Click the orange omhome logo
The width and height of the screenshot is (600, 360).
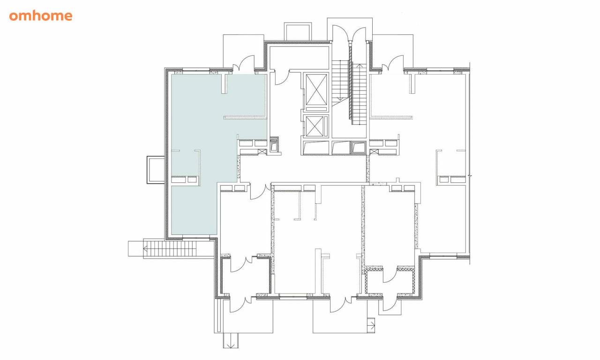[x=41, y=16]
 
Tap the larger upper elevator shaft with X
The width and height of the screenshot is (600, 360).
[x=316, y=90]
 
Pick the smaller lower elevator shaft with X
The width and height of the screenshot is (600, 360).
[x=315, y=127]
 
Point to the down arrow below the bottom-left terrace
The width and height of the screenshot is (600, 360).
[x=230, y=345]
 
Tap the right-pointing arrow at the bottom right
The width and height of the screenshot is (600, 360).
[x=373, y=326]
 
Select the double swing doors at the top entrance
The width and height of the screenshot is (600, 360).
[x=349, y=33]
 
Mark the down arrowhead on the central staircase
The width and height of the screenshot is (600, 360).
[x=340, y=98]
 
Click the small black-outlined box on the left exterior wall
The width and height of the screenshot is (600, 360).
[x=156, y=170]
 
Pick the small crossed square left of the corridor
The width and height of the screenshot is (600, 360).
[x=262, y=152]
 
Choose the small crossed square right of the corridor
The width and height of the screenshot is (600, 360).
[x=374, y=152]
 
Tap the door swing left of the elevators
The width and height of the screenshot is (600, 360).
[x=282, y=78]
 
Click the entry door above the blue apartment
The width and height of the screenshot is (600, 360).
[x=243, y=64]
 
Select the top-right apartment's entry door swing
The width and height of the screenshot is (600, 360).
[x=393, y=64]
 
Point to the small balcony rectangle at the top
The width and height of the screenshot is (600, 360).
[x=298, y=32]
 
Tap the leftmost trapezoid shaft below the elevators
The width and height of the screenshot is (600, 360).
[x=315, y=148]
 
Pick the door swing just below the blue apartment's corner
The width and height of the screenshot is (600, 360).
[x=259, y=192]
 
